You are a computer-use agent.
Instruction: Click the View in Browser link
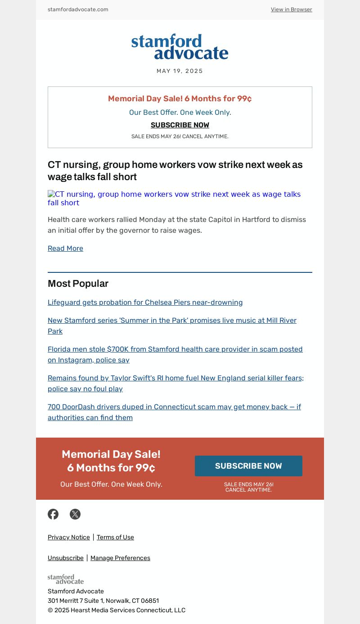pyautogui.click(x=291, y=9)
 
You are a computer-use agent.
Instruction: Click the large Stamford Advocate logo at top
pyautogui.click(x=180, y=47)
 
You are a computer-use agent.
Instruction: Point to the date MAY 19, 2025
pyautogui.click(x=180, y=71)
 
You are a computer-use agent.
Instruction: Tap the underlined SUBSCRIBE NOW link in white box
pyautogui.click(x=180, y=125)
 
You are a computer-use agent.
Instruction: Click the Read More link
pyautogui.click(x=65, y=249)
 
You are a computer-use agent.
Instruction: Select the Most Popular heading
pyautogui.click(x=78, y=284)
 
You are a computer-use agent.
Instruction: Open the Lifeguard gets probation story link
pyautogui.click(x=145, y=303)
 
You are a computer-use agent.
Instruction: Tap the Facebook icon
pyautogui.click(x=53, y=514)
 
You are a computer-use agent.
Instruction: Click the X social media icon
pyautogui.click(x=75, y=514)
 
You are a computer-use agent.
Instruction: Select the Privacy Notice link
pyautogui.click(x=69, y=537)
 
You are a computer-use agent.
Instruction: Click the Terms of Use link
pyautogui.click(x=115, y=537)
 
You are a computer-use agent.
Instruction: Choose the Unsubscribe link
pyautogui.click(x=66, y=558)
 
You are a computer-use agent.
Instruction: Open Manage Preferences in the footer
pyautogui.click(x=120, y=558)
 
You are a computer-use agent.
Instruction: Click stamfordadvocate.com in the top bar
pyautogui.click(x=78, y=9)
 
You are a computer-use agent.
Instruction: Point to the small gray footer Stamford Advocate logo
pyautogui.click(x=66, y=579)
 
